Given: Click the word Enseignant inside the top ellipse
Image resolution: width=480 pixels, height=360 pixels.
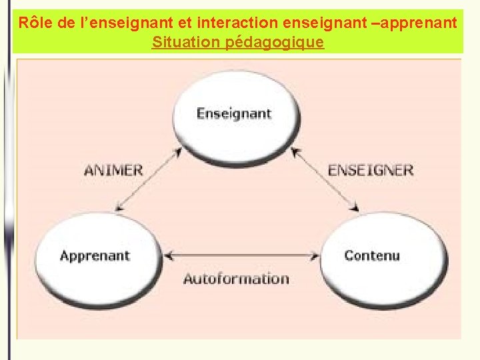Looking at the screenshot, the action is [234, 113].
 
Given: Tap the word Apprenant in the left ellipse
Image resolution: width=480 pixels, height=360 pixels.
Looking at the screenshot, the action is [95, 255].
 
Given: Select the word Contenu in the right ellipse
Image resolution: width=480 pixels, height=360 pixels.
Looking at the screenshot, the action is [372, 255].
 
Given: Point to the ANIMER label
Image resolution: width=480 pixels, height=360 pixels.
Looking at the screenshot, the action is [113, 169].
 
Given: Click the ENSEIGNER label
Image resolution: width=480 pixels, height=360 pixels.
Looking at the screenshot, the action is [371, 169].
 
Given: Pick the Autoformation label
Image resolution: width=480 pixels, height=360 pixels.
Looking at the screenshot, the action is [236, 279].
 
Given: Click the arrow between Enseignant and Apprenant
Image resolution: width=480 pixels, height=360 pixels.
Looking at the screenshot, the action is [148, 179].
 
